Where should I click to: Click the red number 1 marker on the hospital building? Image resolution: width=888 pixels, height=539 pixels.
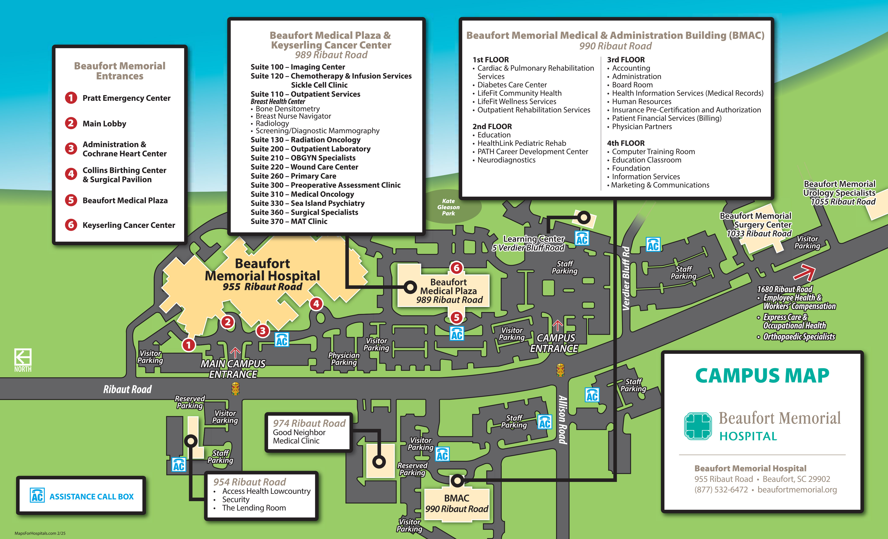click(x=188, y=345)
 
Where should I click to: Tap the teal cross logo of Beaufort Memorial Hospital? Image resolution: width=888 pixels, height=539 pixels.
click(x=698, y=426)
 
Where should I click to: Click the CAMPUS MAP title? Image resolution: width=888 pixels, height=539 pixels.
click(x=762, y=376)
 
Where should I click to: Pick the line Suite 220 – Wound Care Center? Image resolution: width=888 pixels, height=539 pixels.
click(x=304, y=167)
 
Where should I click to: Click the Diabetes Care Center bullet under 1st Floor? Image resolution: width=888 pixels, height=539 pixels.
click(x=511, y=85)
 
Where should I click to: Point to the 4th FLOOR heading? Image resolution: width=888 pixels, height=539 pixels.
click(x=626, y=143)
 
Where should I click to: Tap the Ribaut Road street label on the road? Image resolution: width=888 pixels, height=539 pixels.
click(x=127, y=389)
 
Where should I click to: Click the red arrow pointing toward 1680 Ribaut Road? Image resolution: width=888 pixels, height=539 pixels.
click(x=805, y=272)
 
